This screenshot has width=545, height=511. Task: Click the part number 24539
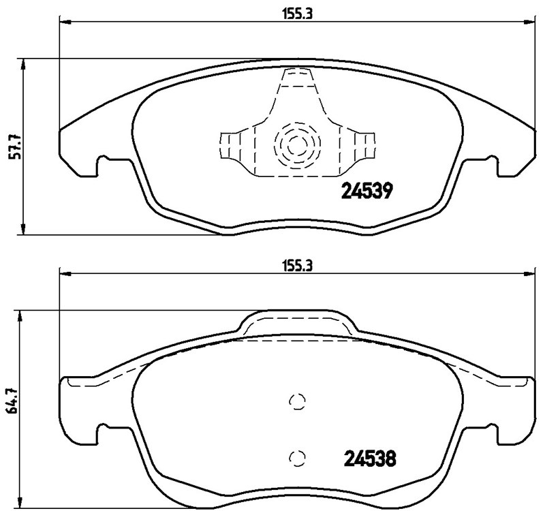click(x=364, y=193)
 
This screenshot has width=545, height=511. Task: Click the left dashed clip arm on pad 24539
click(x=234, y=145)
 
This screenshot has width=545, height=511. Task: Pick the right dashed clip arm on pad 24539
click(x=359, y=145)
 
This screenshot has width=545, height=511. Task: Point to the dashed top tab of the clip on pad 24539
click(x=296, y=78)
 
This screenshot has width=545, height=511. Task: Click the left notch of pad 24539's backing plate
click(x=104, y=164)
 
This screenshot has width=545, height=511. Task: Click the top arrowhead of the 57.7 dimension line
click(x=25, y=63)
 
